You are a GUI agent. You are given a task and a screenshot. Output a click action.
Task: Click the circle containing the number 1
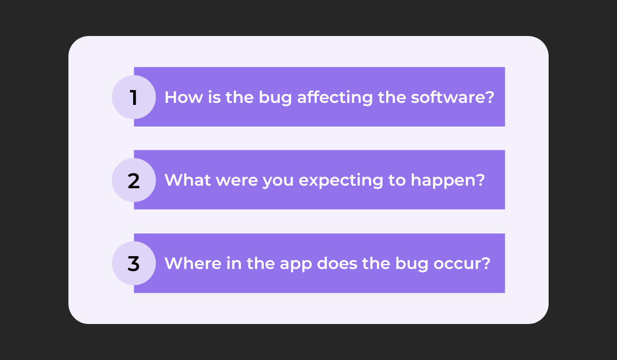tap(134, 97)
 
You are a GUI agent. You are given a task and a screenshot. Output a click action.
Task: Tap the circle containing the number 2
tap(134, 180)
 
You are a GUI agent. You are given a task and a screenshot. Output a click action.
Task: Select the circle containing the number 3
tap(134, 263)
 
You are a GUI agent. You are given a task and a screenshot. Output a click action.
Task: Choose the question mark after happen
tap(480, 180)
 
